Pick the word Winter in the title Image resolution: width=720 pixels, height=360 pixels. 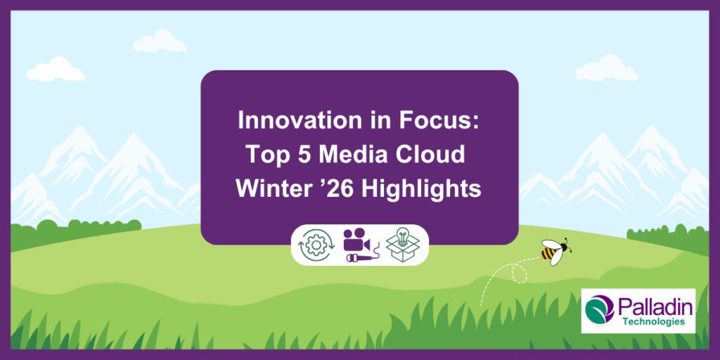point(269,189)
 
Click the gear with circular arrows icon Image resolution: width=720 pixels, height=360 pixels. point(316,245)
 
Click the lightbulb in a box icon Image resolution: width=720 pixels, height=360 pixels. point(403,245)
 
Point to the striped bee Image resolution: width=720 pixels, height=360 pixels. point(555,251)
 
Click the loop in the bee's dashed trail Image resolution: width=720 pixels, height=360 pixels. point(520,274)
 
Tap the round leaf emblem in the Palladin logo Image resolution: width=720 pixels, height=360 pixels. point(600,309)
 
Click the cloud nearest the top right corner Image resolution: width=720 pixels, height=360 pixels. point(606,68)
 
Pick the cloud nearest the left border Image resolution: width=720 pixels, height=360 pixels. point(56,70)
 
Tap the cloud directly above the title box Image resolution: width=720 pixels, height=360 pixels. point(160,41)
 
